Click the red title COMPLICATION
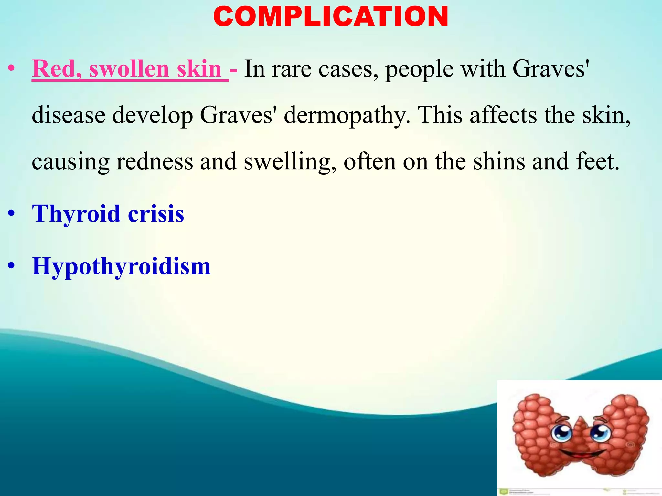[x=331, y=17]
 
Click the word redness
[x=155, y=161]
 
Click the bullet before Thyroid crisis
[x=12, y=214]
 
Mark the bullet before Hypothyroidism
[x=12, y=266]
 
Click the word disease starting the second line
[x=69, y=115]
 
